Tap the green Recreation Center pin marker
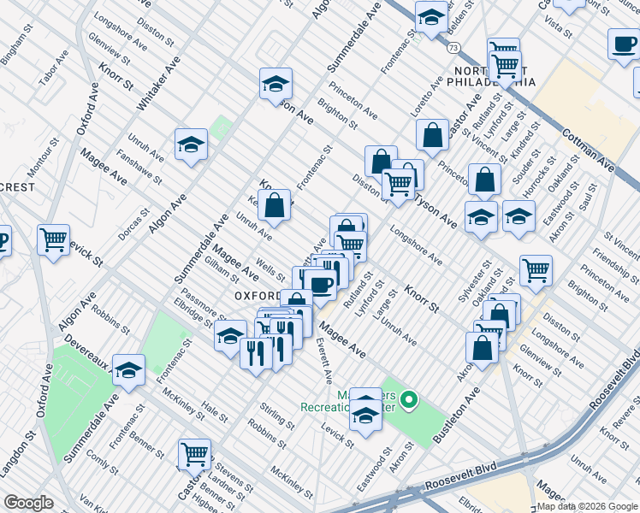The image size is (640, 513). pyautogui.click(x=409, y=399)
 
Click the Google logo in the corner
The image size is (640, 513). pyautogui.click(x=28, y=503)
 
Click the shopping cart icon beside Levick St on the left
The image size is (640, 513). pyautogui.click(x=54, y=239)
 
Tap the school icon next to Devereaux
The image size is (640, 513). pyautogui.click(x=128, y=369)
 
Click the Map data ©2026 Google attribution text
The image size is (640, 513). pyautogui.click(x=586, y=506)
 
